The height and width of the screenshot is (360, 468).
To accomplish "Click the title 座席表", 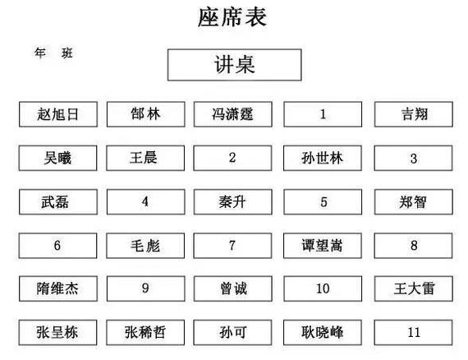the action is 232,17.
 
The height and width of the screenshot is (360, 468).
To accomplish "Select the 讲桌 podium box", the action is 234,65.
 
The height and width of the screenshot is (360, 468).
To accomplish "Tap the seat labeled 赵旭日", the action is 58,114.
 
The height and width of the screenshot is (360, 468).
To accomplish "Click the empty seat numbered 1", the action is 323,114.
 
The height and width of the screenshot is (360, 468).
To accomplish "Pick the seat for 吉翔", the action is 414,114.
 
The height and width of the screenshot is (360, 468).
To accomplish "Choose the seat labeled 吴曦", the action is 58,158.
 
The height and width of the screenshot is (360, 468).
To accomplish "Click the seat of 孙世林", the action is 323,158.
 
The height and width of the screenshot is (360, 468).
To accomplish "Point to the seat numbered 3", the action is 413,158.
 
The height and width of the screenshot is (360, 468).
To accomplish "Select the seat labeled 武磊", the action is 58,202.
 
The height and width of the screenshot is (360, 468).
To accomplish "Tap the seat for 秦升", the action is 233,202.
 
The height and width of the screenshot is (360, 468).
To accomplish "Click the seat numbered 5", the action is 323,202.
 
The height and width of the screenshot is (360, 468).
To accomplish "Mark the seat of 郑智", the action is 414,202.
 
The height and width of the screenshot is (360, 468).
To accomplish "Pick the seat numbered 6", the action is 58,246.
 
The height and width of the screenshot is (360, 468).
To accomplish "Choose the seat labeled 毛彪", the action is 145,246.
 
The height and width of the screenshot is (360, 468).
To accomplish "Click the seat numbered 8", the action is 413,246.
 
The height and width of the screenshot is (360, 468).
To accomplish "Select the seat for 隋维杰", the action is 58,288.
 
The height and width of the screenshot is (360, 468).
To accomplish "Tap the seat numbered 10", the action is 323,288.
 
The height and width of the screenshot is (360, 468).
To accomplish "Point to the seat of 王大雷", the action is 414,288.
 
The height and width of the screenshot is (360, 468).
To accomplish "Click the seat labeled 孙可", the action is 232,333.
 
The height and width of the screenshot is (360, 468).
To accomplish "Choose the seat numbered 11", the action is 413,333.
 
